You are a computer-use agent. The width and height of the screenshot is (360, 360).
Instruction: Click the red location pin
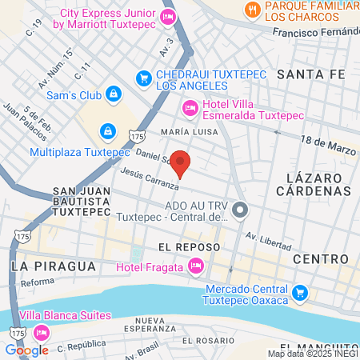tap(182, 163)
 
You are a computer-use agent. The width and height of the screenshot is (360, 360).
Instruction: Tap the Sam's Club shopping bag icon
tap(114, 94)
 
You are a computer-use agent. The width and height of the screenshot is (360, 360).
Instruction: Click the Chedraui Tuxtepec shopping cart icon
tap(144, 78)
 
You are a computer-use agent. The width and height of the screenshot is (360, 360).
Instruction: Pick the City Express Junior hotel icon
tap(167, 18)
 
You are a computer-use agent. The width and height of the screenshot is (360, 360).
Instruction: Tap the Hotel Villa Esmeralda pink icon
tap(190, 106)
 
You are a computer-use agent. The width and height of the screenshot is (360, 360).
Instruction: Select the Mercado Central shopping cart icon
tap(300, 293)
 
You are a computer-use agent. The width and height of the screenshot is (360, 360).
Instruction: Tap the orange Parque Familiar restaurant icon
tap(253, 10)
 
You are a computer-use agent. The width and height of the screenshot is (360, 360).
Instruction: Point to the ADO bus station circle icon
tap(242, 210)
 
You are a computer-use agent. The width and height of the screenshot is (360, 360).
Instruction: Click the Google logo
tap(26, 350)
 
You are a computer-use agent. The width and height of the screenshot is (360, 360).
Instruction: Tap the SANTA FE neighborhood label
tap(310, 74)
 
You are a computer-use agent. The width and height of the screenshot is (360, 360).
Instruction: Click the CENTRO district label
tap(321, 259)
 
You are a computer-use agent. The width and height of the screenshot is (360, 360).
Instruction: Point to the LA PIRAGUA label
tap(53, 265)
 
